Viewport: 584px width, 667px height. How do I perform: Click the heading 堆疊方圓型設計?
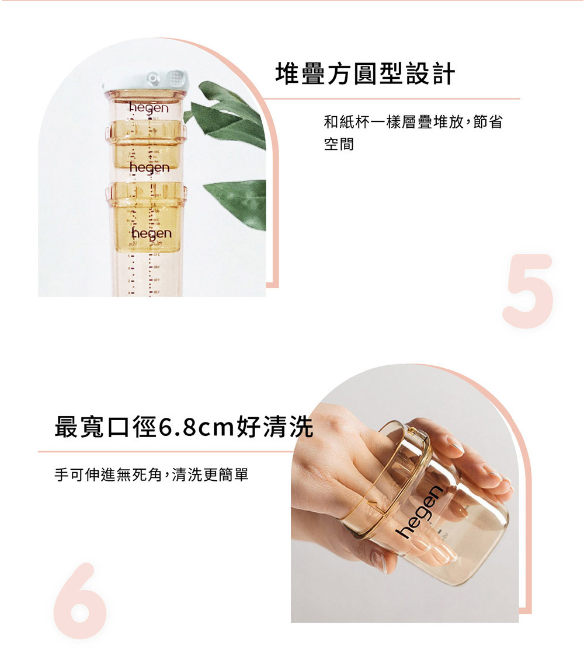[365, 74]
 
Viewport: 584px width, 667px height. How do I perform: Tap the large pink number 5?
[528, 291]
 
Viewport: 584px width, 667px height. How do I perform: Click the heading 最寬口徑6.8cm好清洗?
[184, 427]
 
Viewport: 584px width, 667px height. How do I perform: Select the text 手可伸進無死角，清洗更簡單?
[151, 475]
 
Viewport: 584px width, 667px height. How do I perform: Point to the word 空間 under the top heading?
[339, 144]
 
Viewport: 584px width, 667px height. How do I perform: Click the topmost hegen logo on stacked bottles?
[149, 109]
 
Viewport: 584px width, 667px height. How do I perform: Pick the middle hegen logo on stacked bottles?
[150, 167]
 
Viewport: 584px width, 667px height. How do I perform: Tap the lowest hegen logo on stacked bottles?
[152, 233]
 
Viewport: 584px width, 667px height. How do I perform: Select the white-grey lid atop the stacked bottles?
[145, 81]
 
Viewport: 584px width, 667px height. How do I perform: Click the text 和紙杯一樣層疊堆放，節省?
[413, 121]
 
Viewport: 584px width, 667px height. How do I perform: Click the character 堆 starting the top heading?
[287, 74]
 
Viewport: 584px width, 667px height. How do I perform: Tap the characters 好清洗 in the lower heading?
[275, 427]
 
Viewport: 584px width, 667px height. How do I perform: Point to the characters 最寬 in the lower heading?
[80, 427]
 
